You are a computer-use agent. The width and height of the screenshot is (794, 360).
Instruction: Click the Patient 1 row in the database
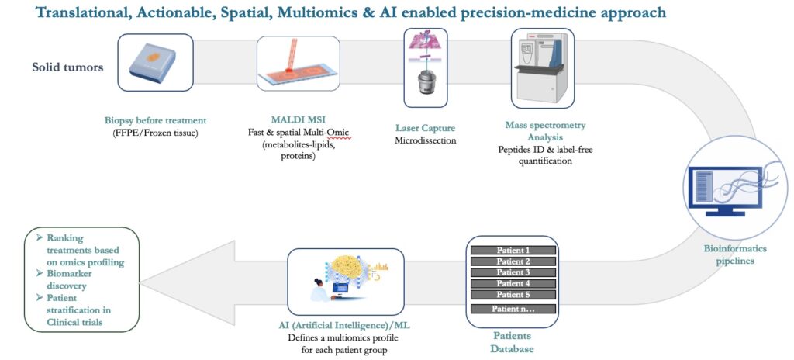tap(513, 250)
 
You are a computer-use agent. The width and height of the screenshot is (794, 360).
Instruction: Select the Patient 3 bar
tap(513, 272)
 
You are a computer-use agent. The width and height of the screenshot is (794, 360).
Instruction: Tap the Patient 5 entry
tap(513, 295)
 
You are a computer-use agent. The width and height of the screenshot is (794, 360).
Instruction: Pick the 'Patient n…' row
tap(513, 309)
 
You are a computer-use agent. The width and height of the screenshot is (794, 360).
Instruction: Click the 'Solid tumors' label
tap(68, 67)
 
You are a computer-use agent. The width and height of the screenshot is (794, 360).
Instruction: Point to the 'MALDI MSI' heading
tap(298, 121)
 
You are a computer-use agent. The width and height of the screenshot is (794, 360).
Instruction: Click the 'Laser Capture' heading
tap(426, 129)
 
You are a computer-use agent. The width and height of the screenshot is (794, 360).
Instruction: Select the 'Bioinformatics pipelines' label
tap(735, 254)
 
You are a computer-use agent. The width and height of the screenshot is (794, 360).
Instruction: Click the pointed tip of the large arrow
tap(141, 283)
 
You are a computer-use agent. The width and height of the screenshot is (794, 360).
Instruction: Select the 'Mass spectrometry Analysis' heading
tap(544, 131)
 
